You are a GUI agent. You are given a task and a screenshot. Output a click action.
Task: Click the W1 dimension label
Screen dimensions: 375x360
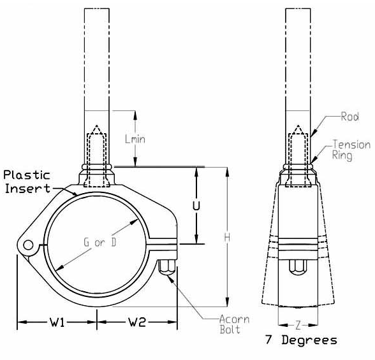57,322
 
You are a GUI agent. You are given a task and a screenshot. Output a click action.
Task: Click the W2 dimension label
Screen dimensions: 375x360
137,322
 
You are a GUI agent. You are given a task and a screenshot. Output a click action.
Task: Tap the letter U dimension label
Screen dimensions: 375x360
196,206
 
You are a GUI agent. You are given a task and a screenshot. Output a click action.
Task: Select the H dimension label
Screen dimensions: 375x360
227,238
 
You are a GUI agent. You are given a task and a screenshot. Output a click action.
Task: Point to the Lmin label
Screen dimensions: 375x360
135,139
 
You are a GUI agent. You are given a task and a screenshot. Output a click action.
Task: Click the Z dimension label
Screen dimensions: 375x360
298,326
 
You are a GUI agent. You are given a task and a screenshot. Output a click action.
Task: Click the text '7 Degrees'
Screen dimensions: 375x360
301,340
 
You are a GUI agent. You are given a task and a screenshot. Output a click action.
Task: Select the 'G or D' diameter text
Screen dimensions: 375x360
100,242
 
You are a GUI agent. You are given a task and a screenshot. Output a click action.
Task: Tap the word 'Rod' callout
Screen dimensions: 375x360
350,117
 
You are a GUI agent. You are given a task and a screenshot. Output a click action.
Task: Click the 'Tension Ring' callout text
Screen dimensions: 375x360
351,150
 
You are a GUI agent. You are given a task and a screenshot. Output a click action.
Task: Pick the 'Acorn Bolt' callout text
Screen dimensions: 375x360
235,324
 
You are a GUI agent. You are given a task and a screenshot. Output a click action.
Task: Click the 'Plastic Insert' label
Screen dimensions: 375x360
27,182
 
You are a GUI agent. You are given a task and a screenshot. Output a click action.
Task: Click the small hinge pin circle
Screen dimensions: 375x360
28,245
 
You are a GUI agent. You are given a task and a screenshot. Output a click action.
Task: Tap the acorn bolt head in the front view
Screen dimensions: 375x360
167,268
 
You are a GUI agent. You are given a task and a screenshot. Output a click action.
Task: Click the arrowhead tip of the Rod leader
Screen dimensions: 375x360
311,137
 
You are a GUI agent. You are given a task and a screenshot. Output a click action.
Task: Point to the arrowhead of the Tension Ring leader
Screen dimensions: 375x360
311,163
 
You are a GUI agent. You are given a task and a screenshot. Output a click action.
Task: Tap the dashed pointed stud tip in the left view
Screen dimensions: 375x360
97,125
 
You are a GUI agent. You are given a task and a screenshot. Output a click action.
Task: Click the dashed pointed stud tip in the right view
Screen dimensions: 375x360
298,125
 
